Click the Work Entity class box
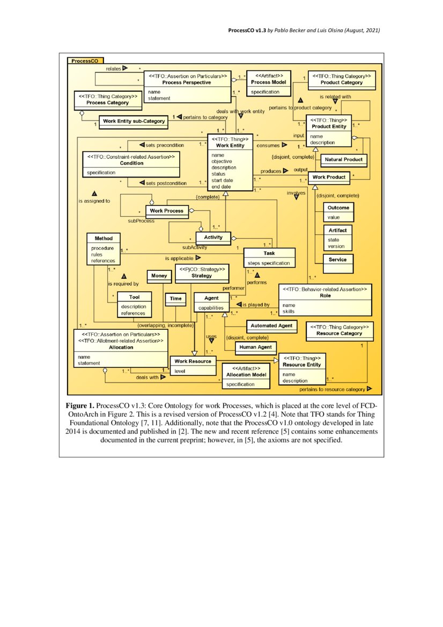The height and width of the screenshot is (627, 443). point(230,163)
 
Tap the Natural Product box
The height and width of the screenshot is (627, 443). point(343,159)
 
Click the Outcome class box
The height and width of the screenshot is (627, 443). point(338,212)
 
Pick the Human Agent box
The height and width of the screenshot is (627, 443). point(256,347)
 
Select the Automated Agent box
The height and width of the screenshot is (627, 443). point(271,326)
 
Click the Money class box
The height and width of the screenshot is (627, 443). point(159,275)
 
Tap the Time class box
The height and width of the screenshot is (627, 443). point(176,298)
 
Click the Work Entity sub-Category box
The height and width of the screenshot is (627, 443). point(132,121)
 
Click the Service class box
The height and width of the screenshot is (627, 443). point(338,260)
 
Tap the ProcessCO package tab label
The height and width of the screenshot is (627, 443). point(85,61)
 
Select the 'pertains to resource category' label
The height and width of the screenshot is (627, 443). point(333,389)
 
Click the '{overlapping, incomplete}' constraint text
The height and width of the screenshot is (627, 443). point(165,325)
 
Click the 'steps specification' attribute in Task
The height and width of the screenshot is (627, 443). point(269,263)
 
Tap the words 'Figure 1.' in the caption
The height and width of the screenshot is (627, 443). point(80,405)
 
